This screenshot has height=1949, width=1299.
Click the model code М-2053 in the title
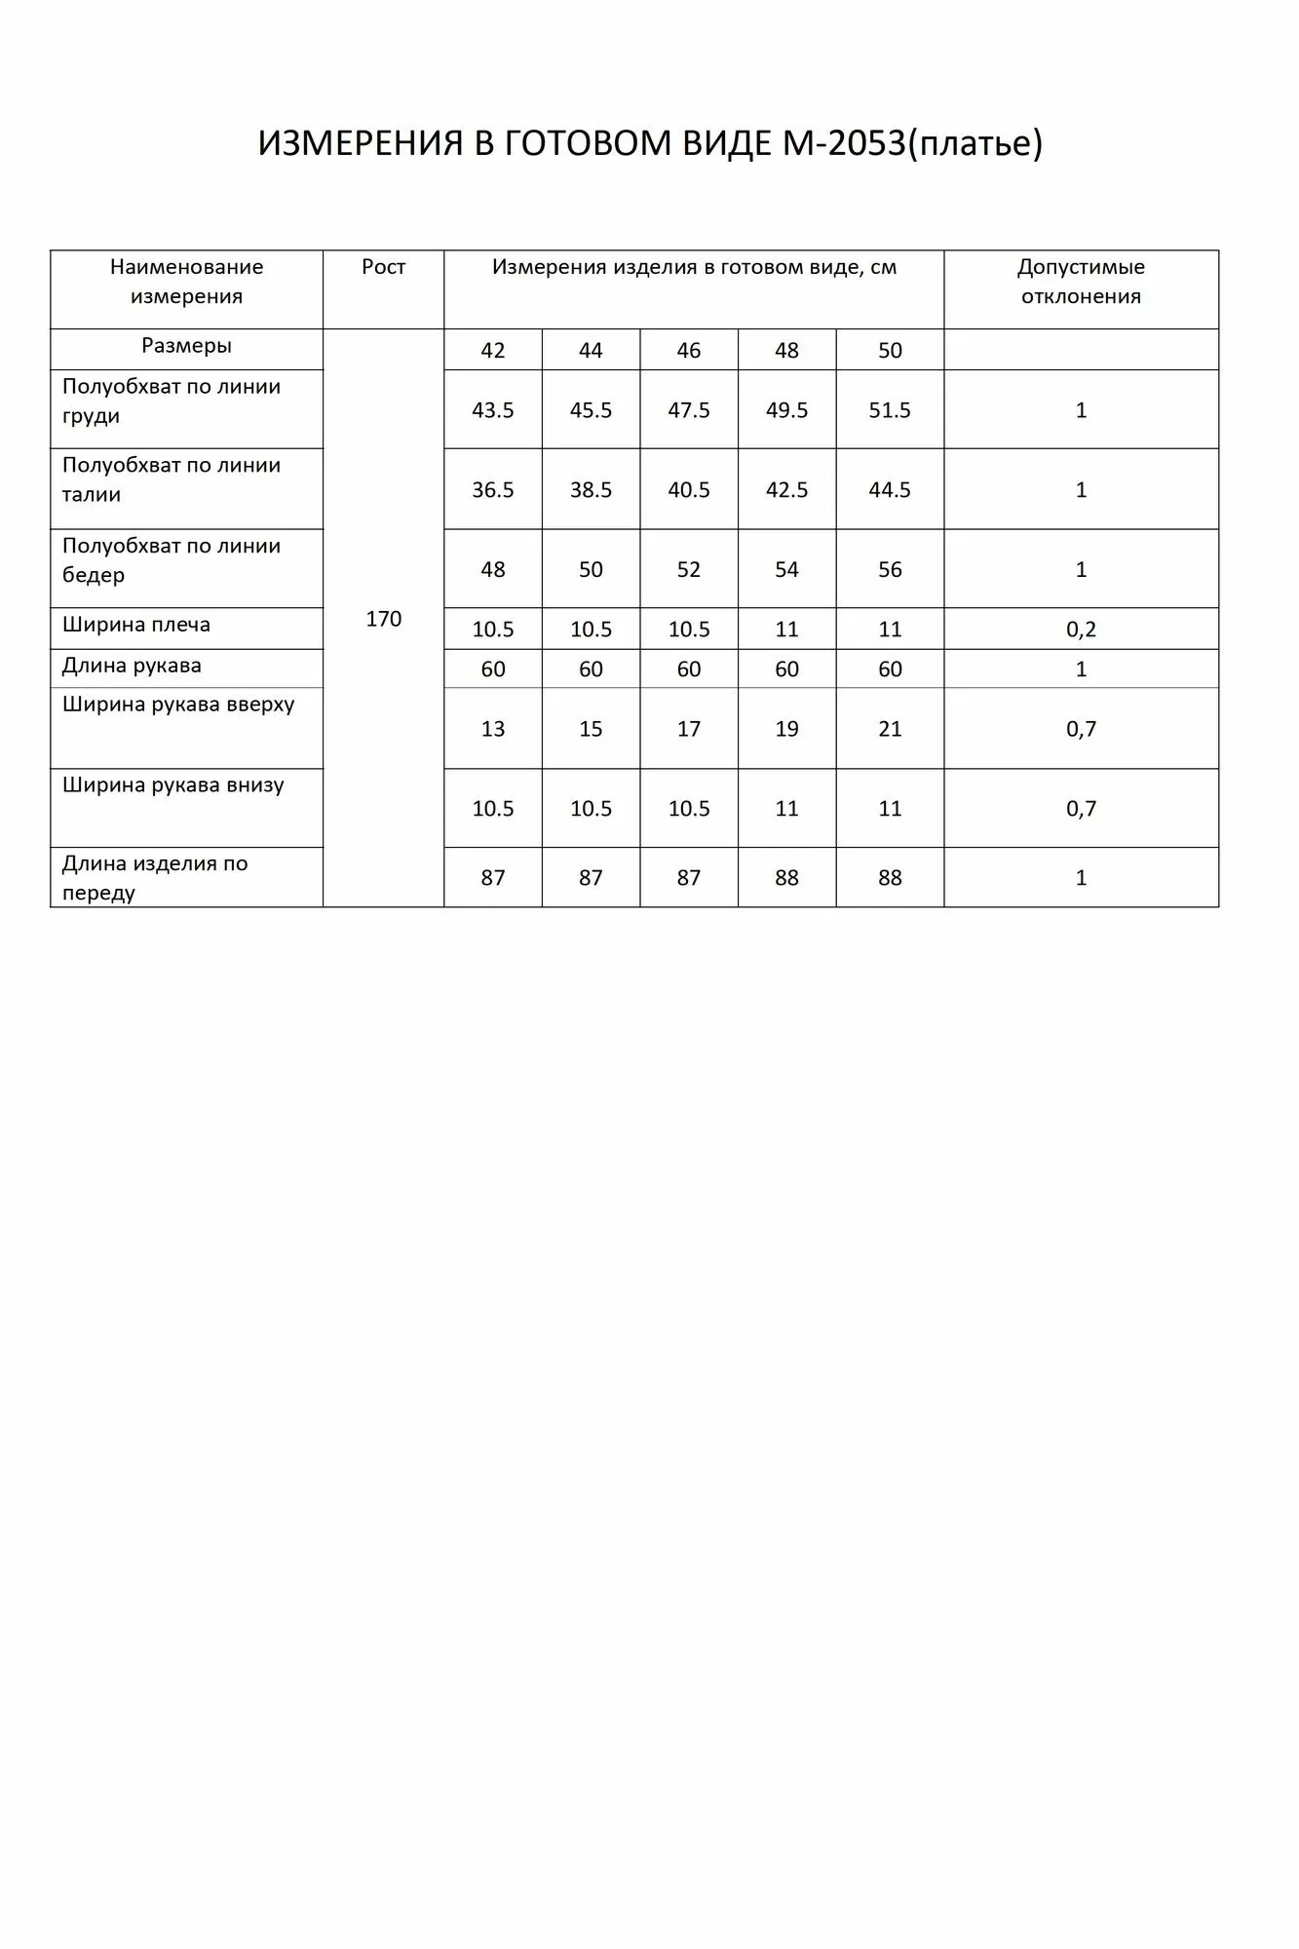[844, 144]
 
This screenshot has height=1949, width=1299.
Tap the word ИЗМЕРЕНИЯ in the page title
[360, 144]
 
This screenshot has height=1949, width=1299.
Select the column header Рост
[383, 267]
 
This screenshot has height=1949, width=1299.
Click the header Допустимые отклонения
[1081, 282]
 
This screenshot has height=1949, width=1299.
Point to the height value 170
[383, 619]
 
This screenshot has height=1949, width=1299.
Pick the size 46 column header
[688, 351]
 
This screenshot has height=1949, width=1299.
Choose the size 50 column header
[890, 351]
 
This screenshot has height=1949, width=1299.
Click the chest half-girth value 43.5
[492, 410]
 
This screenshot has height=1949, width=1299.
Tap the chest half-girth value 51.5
[890, 410]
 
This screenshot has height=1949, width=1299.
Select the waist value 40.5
[688, 490]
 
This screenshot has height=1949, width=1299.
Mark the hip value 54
[786, 570]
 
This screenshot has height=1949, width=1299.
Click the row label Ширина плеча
[136, 625]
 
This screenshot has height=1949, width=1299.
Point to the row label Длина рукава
[132, 667]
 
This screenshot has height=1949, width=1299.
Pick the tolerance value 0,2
[1081, 630]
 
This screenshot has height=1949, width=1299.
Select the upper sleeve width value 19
[786, 729]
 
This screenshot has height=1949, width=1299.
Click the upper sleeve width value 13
[492, 729]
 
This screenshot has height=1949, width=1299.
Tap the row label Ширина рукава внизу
[173, 785]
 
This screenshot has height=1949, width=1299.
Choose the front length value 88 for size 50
[890, 878]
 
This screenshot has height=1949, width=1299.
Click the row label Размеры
[186, 346]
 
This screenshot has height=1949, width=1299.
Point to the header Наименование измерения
[186, 282]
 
